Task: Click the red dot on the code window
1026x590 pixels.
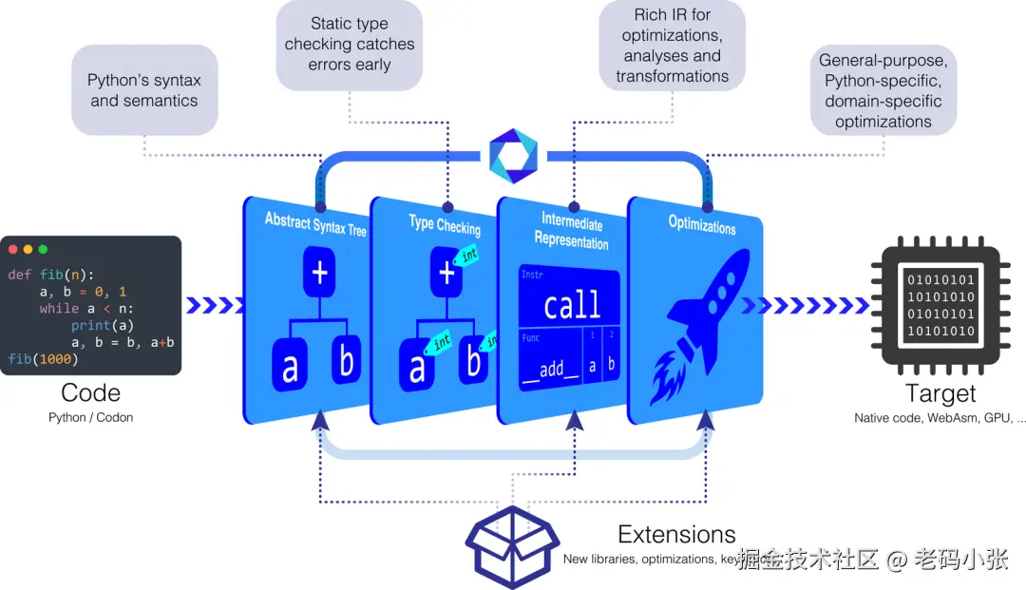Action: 12,249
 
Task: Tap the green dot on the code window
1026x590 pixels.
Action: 43,249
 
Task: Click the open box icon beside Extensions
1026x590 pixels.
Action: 512,546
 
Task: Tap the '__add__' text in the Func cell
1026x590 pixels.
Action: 552,369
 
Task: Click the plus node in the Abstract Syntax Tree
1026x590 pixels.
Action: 320,274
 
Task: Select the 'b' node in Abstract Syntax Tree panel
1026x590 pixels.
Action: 347,362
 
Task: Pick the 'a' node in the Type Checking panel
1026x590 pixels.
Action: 416,367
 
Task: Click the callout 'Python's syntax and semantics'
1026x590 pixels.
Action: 144,90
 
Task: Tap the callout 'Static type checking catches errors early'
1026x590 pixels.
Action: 350,45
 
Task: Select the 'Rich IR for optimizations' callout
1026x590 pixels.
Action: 672,45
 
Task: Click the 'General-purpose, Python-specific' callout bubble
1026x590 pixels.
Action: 883,91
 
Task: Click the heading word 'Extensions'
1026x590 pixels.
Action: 676,534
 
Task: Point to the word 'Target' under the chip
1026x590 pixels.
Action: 940,393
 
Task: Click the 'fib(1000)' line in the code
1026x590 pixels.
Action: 42,359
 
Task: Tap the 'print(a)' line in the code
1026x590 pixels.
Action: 102,325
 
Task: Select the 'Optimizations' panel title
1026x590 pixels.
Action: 702,226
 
